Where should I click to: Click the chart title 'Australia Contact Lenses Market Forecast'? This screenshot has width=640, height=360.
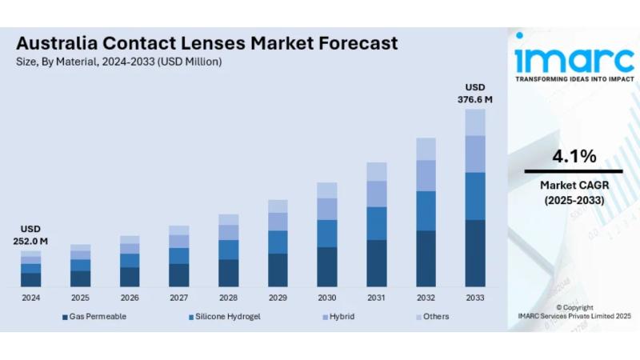click(206, 43)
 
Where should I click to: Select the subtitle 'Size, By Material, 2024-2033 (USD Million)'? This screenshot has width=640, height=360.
click(118, 62)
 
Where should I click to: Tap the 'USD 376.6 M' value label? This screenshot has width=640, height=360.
click(474, 94)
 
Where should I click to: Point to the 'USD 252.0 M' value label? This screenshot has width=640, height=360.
click(30, 234)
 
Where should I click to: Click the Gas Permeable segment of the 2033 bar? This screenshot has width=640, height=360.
click(475, 253)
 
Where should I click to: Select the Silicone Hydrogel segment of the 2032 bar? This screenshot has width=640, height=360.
click(426, 210)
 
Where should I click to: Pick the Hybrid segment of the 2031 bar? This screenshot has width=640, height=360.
click(376, 194)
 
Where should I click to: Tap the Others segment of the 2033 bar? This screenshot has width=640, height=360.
click(475, 122)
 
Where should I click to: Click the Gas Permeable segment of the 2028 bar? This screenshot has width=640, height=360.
click(228, 272)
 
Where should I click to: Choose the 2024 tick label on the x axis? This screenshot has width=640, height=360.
click(30, 297)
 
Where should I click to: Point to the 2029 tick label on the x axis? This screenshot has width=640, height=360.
click(278, 297)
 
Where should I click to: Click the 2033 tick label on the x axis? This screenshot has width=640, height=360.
click(475, 297)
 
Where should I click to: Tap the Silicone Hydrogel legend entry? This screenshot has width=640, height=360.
click(224, 317)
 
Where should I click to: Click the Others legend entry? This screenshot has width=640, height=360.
click(432, 317)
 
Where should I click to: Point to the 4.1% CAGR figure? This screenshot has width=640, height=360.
click(574, 156)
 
